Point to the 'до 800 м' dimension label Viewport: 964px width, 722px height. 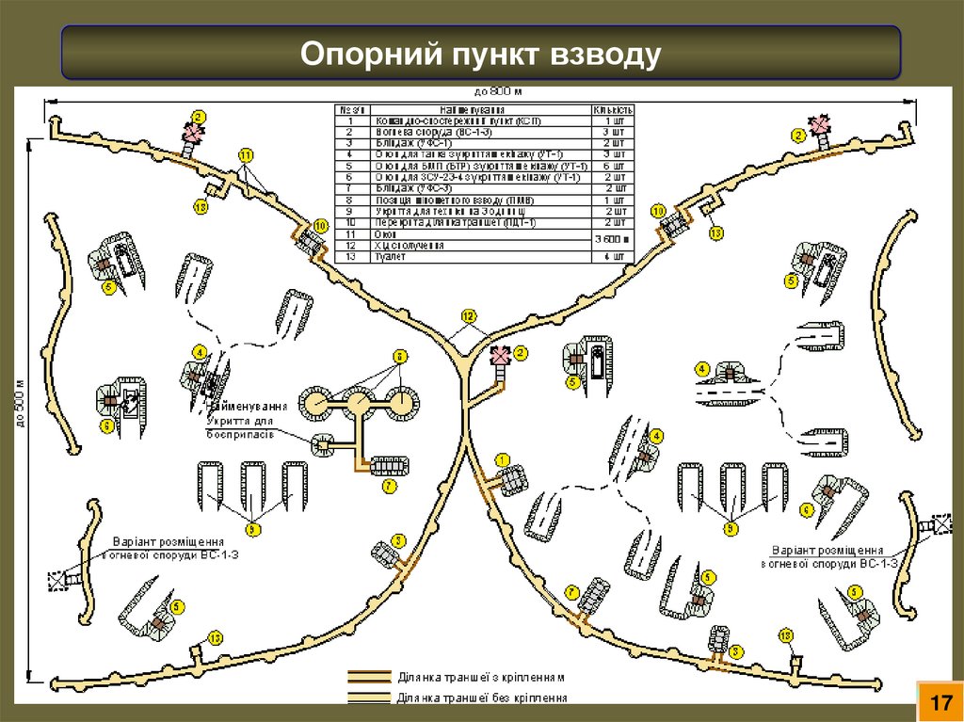click(498, 91)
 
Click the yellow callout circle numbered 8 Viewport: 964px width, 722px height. click(399, 356)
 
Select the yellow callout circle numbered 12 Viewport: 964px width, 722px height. click(469, 314)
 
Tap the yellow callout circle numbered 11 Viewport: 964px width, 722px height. click(246, 153)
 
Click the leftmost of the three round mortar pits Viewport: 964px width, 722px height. click(313, 403)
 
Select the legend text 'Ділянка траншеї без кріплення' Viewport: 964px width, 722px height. click(482, 698)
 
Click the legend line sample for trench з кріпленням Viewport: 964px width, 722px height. click(368, 677)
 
